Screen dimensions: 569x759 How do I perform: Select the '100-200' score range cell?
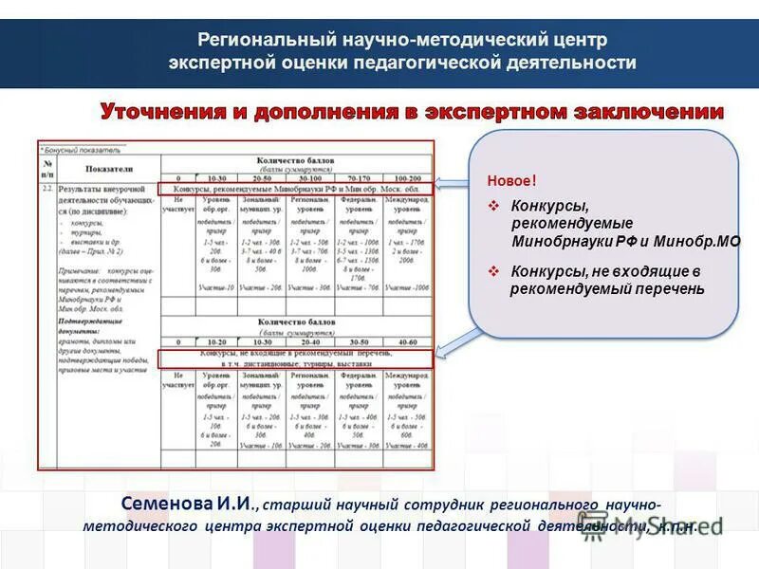click(408, 177)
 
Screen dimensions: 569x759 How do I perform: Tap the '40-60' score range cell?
click(408, 341)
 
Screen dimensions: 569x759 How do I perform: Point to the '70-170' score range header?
click(360, 177)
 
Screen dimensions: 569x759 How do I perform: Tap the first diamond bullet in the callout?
click(494, 206)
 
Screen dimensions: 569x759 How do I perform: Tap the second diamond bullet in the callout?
click(494, 271)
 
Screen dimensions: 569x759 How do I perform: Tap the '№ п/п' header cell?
click(48, 168)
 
